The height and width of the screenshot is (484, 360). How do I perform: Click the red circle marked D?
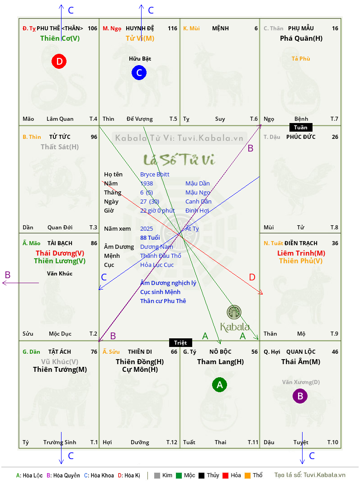tap(59, 61)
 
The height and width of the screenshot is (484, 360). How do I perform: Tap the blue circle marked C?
tap(139, 72)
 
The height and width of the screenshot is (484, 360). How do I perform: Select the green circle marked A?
tap(219, 384)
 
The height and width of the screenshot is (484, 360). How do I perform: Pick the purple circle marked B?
tap(300, 396)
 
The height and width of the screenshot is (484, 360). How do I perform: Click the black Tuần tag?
tap(301, 127)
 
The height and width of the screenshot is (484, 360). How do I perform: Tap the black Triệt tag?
tap(180, 342)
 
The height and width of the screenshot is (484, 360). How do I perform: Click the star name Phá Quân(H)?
tap(301, 38)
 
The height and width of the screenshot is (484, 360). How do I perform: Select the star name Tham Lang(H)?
tap(220, 362)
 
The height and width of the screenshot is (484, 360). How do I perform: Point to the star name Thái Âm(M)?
tap(301, 362)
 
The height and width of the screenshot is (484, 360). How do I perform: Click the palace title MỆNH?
tap(220, 28)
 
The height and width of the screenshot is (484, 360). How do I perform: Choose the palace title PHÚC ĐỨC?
tap(301, 137)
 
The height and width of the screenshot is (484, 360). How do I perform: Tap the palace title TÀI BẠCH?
tap(60, 243)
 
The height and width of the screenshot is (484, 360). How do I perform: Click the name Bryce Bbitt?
tap(155, 175)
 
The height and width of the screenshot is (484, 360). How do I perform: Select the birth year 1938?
tap(147, 183)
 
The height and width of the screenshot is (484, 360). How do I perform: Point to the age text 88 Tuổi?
tap(150, 237)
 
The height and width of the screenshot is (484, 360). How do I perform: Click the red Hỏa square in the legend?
tap(225, 475)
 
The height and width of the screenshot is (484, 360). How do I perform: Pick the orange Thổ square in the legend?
tap(248, 475)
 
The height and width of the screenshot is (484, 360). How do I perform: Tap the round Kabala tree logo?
tap(234, 312)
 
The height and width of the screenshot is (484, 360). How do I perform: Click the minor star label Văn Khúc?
tap(60, 274)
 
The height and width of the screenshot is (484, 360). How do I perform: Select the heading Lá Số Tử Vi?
tap(179, 159)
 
